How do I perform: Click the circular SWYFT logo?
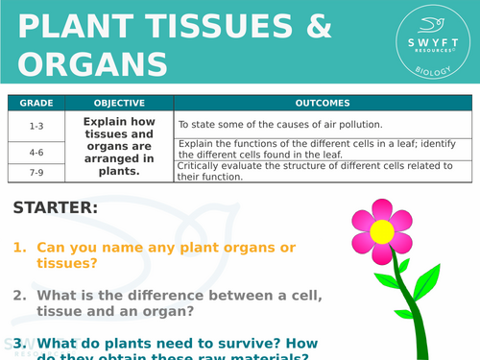(429, 43)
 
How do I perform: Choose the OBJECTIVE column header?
(119, 103)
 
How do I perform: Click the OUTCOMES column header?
(323, 103)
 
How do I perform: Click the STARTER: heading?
(55, 207)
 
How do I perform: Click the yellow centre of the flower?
(381, 231)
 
